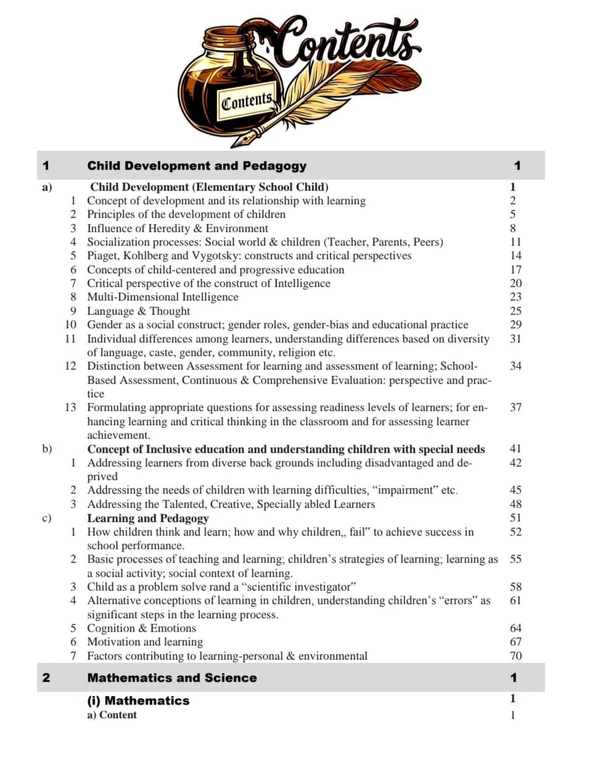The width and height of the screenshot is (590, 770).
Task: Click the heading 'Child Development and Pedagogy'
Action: [197, 165]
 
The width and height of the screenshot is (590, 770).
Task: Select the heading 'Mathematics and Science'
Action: [172, 677]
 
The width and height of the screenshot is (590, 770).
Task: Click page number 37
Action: [515, 407]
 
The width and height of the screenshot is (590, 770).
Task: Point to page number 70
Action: [515, 656]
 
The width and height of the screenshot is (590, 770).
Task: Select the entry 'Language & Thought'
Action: [138, 311]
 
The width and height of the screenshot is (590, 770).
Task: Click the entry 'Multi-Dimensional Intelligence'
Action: [162, 297]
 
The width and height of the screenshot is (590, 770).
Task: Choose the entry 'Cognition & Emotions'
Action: [141, 628]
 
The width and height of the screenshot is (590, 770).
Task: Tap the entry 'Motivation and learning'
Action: [144, 642]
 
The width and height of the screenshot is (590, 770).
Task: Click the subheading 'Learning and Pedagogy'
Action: [147, 518]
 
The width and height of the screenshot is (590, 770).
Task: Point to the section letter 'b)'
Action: [47, 449]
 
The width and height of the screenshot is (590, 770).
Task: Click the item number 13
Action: [70, 407]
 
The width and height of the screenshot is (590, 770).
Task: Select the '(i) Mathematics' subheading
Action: [138, 700]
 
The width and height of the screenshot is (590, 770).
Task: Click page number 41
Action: [515, 449]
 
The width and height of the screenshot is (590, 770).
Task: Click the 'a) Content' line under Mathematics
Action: [112, 714]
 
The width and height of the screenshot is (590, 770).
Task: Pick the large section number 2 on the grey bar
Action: [46, 677]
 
